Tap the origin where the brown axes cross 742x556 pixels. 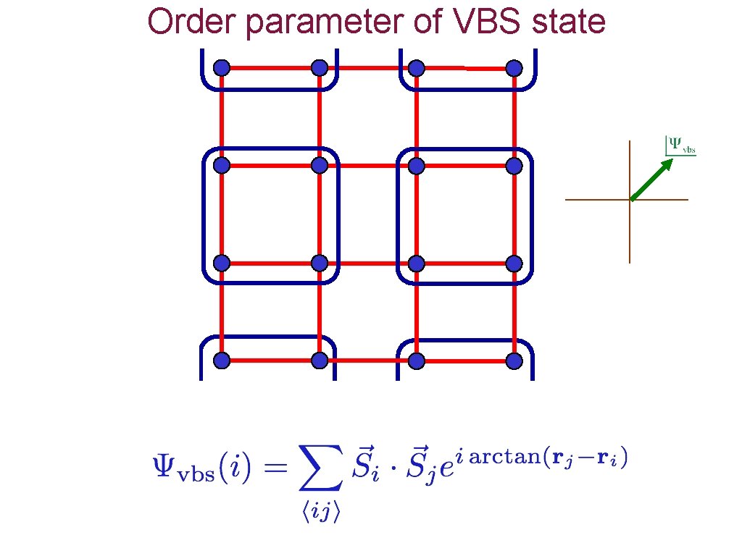click(630, 199)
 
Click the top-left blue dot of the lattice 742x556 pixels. click(222, 68)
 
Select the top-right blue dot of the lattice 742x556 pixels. click(514, 68)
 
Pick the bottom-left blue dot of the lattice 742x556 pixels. click(222, 360)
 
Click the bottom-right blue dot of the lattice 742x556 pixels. click(514, 360)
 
